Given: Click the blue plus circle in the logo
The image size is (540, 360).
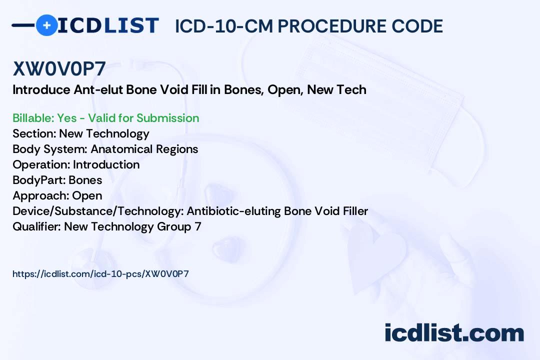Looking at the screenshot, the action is click(46, 25).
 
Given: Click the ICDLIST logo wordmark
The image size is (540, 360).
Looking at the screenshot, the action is click(108, 25).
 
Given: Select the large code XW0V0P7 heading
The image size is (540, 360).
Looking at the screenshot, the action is click(59, 68).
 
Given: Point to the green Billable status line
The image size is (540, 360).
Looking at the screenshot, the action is click(105, 118).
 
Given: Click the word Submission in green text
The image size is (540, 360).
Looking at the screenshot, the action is click(167, 118).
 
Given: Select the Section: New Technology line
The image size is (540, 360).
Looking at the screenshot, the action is click(81, 133).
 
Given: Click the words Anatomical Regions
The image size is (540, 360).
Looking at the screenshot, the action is click(144, 149).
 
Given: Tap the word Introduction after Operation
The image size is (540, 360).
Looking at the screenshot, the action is click(106, 164).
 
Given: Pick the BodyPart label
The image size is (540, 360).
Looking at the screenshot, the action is click(39, 180).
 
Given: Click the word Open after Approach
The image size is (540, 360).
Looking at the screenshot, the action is click(87, 195).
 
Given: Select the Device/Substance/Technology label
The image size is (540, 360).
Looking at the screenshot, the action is click(98, 211).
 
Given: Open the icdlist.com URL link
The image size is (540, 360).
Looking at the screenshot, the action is click(100, 274).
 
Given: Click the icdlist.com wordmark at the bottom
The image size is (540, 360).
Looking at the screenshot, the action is click(454, 332).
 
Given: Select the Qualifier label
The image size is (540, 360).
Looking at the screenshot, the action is click(37, 226).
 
